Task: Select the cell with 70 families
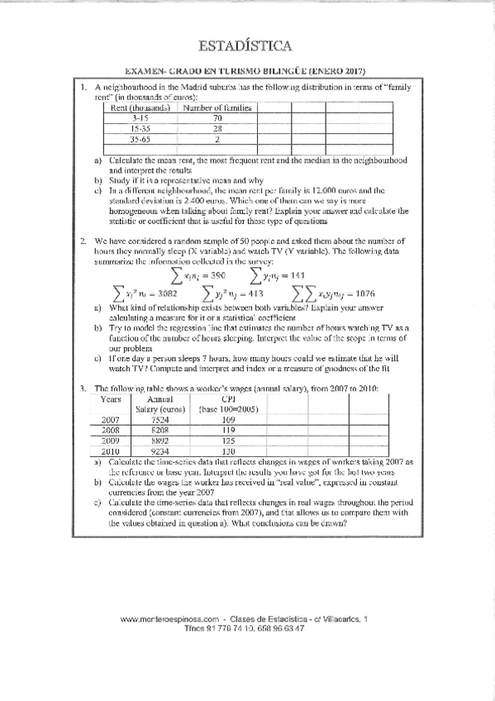click(x=217, y=118)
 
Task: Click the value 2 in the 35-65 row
click(x=217, y=140)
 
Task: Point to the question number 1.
click(x=83, y=87)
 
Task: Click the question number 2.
click(x=83, y=241)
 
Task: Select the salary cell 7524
click(x=159, y=419)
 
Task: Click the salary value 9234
click(x=159, y=452)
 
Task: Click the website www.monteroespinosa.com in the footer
click(x=169, y=618)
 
